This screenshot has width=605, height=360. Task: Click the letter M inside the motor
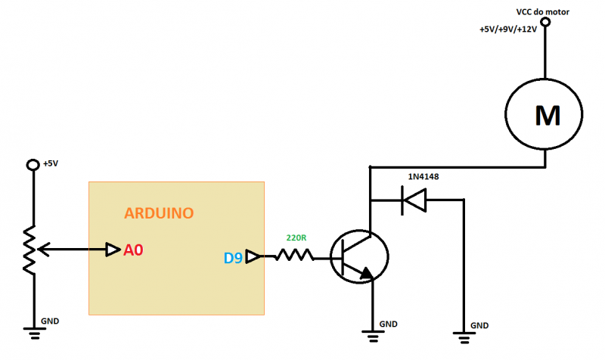click(547, 116)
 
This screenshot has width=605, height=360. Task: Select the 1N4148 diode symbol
click(414, 200)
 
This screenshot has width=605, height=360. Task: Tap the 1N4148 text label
click(423, 177)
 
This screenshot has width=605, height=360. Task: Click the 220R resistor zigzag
click(293, 256)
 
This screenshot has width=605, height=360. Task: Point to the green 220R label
click(296, 237)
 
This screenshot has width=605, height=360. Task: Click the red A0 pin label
click(133, 250)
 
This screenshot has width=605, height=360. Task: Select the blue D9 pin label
click(233, 258)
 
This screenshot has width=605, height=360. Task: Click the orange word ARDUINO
click(159, 213)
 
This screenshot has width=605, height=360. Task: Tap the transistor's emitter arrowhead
click(367, 274)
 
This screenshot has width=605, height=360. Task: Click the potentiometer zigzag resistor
click(29, 249)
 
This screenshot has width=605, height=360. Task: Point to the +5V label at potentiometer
click(50, 163)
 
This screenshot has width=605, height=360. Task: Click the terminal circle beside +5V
click(32, 165)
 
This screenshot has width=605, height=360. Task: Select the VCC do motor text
click(542, 12)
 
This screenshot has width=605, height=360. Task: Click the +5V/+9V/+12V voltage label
click(507, 29)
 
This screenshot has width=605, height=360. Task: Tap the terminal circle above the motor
click(544, 23)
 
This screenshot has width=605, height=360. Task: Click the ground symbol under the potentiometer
click(33, 331)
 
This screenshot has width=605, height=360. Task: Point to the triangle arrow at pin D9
click(253, 257)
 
